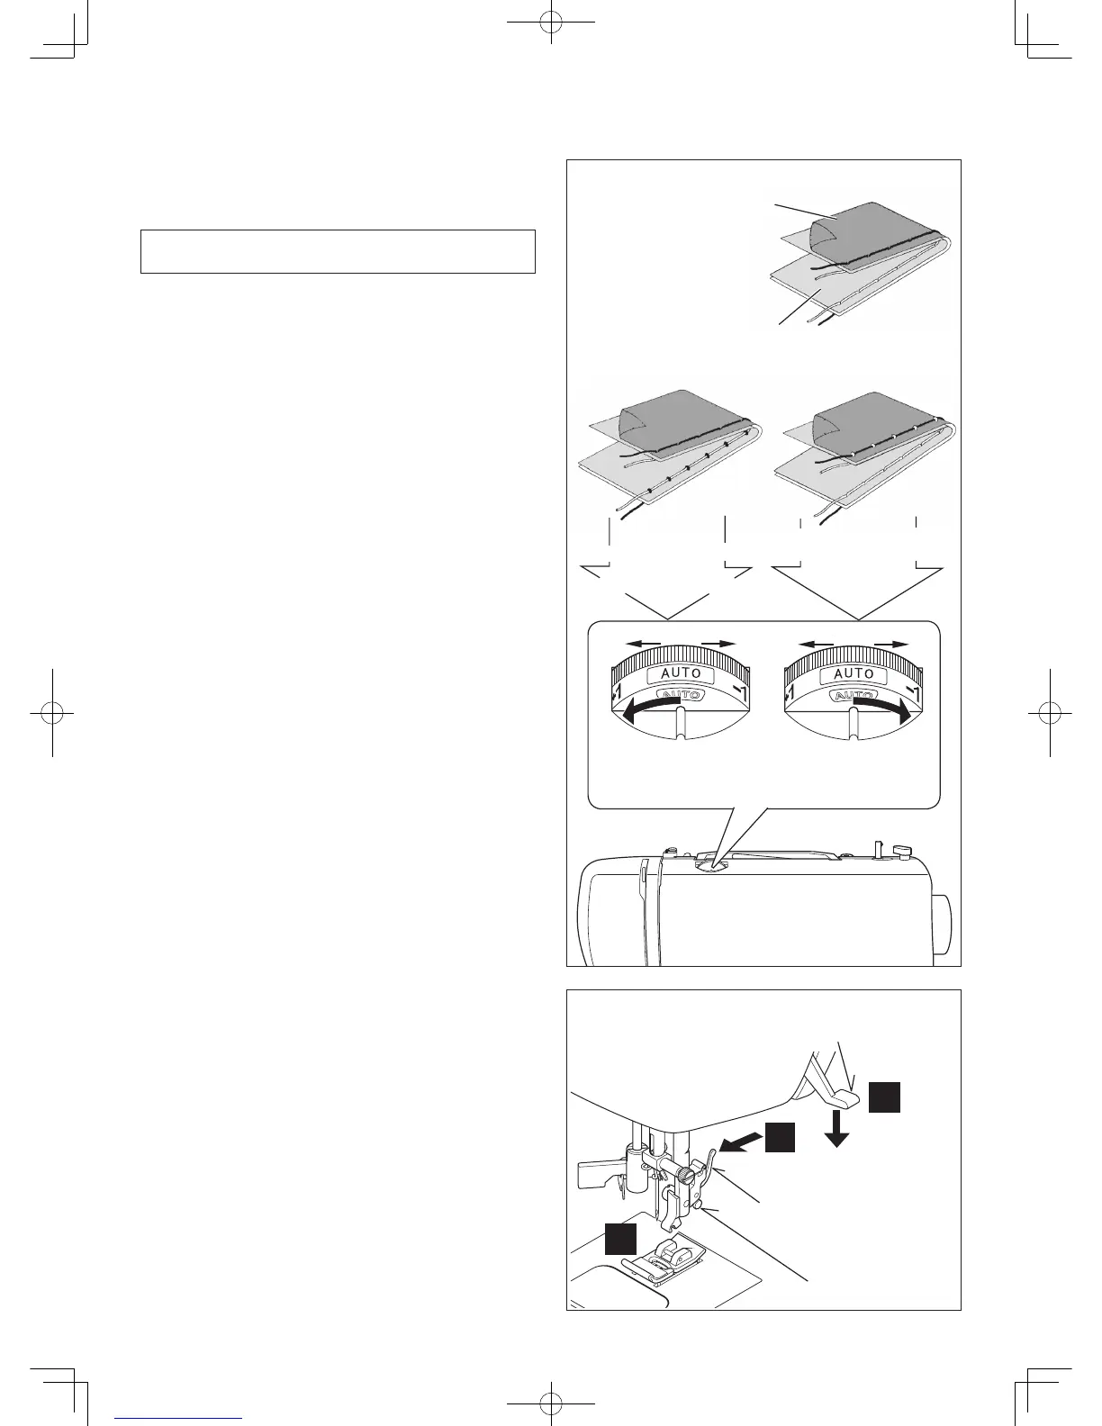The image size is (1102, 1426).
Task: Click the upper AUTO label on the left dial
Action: point(681,673)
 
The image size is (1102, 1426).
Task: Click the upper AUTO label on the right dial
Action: point(854,673)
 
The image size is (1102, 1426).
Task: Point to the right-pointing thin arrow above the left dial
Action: point(718,644)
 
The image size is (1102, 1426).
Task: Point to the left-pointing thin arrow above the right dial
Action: point(816,644)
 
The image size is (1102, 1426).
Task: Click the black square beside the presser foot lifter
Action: point(884,1098)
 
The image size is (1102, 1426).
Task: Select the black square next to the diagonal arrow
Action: point(781,1138)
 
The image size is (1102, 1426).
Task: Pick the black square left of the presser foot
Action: point(620,1238)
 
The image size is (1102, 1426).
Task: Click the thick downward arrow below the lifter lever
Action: point(837,1128)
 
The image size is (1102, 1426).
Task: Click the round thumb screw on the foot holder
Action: point(689,1176)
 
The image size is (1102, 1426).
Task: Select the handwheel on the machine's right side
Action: point(941,924)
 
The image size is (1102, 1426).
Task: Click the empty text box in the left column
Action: point(338,251)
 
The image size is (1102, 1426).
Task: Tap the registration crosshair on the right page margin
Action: point(1050,712)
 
